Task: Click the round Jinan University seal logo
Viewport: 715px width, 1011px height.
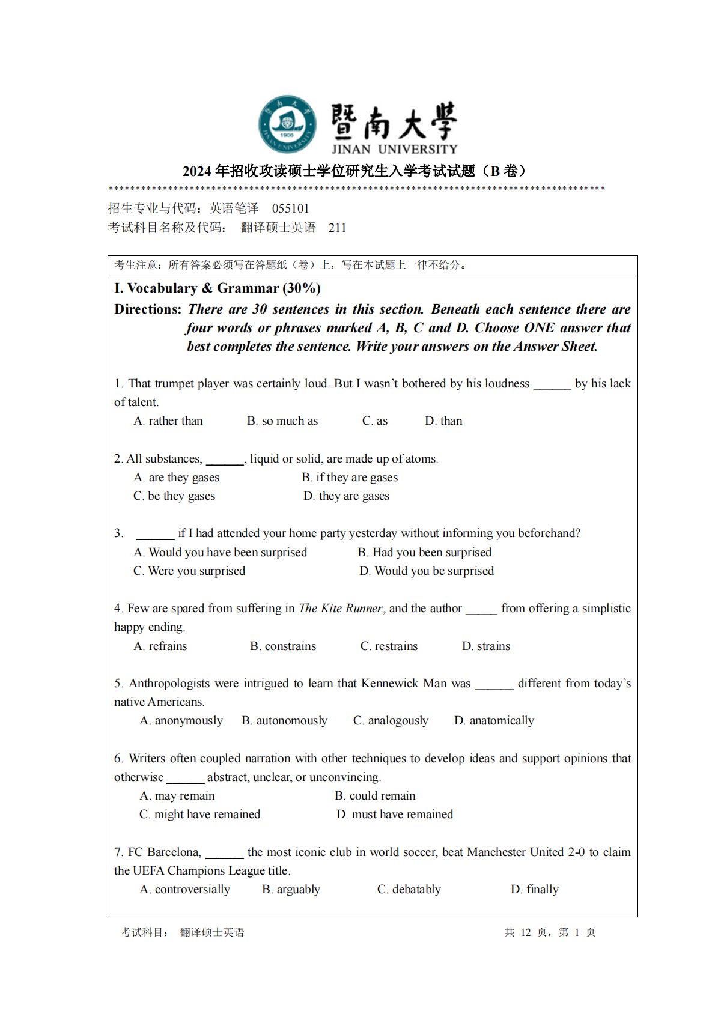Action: coord(287,124)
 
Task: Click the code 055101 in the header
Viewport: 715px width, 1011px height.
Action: coord(290,208)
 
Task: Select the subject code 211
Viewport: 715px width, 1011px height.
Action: coord(337,228)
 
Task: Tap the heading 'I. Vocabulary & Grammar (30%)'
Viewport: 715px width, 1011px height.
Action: coord(218,288)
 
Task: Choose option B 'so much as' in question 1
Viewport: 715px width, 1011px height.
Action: coord(282,421)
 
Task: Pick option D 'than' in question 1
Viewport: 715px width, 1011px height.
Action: coord(443,421)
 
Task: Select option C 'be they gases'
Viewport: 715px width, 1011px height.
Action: coord(174,496)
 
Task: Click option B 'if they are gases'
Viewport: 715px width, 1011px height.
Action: coord(350,478)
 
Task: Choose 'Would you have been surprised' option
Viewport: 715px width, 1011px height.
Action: coord(221,553)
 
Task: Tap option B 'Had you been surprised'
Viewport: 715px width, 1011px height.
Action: coord(424,553)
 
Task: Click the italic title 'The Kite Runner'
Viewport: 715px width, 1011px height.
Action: coord(341,609)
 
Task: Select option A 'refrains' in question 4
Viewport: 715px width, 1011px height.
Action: coord(160,646)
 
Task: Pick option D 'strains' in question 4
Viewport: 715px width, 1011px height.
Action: coord(486,646)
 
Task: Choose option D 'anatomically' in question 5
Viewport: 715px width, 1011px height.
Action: coord(494,721)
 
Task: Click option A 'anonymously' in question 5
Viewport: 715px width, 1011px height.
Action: coord(181,721)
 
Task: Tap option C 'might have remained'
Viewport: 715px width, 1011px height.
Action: coord(200,815)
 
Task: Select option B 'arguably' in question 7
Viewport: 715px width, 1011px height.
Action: coord(291,890)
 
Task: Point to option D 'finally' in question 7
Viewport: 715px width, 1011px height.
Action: coord(535,890)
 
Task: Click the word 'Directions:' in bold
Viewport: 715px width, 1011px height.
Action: coord(148,309)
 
